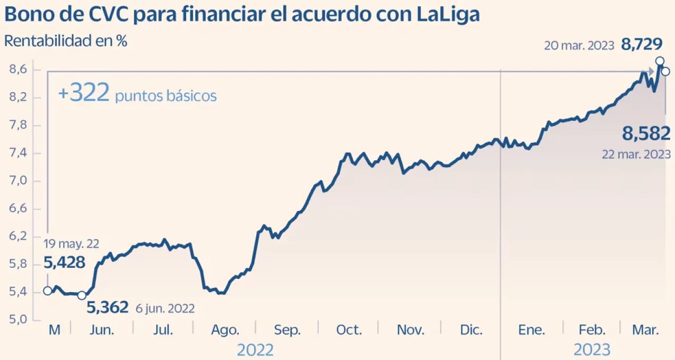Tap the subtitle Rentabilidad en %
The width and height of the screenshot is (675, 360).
(x=65, y=42)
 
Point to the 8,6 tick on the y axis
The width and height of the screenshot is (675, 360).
(x=18, y=70)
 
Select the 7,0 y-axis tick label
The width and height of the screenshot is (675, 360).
(x=18, y=181)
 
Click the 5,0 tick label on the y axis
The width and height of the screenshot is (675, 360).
(x=18, y=320)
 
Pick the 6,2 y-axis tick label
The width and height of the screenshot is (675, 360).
(x=18, y=237)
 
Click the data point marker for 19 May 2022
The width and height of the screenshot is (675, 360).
(x=47, y=290)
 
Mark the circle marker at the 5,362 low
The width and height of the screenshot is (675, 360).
(x=82, y=296)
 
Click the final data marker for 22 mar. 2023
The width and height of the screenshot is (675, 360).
(x=666, y=72)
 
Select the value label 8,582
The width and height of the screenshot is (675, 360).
(x=646, y=134)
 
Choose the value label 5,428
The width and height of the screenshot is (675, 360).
(x=64, y=262)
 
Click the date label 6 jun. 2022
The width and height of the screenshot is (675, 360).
(x=166, y=308)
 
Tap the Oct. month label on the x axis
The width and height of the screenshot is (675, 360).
(x=349, y=330)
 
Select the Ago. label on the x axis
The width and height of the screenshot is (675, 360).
(x=225, y=330)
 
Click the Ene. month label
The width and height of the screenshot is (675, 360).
(x=531, y=330)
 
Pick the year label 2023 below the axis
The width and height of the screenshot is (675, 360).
(x=592, y=349)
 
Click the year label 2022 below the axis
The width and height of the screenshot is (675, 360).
(x=255, y=349)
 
